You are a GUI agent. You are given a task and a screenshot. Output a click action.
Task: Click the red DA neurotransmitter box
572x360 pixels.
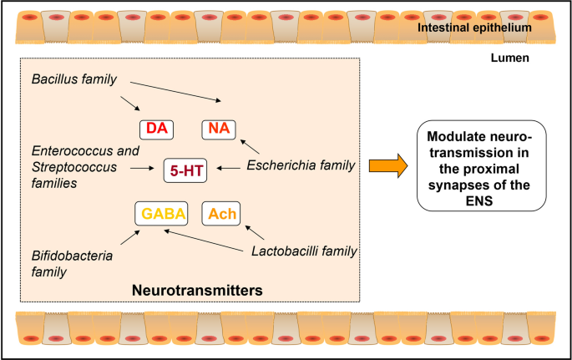click(x=156, y=129)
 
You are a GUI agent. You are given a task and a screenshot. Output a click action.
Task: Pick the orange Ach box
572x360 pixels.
click(x=221, y=213)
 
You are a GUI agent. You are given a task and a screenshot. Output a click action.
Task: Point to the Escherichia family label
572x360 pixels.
click(x=301, y=167)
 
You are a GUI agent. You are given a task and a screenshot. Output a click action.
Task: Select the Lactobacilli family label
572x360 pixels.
click(x=304, y=251)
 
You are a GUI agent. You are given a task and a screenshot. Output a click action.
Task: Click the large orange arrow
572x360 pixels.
click(x=387, y=167)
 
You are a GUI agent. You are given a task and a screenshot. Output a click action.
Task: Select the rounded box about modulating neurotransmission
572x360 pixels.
click(x=480, y=167)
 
